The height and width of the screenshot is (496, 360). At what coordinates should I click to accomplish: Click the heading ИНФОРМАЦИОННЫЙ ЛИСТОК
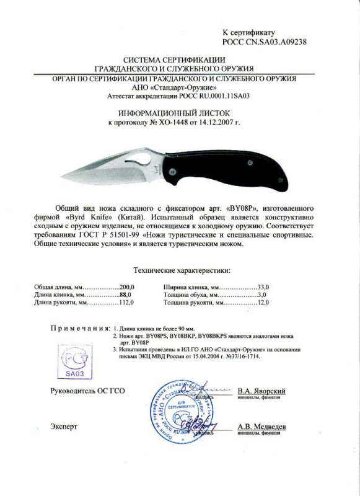pyautogui.click(x=180, y=113)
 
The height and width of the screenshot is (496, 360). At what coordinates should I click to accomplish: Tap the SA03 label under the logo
pyautogui.click(x=74, y=373)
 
